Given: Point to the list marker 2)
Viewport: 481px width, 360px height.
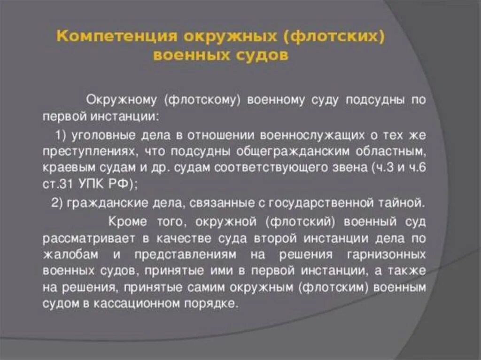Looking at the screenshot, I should click(x=57, y=203).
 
